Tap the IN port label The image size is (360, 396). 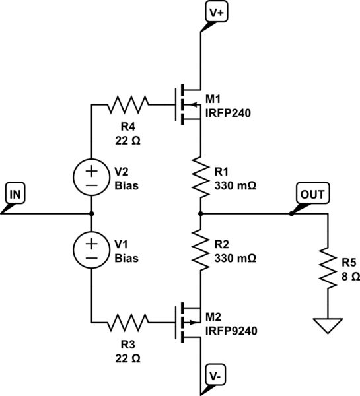[15, 194]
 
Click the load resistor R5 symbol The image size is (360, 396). [328, 268]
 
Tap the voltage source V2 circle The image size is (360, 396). [91, 177]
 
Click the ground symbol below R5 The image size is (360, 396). [328, 325]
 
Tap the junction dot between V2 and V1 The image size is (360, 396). [91, 214]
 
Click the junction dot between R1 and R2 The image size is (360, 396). [199, 214]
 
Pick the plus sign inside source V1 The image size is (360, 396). [91, 244]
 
